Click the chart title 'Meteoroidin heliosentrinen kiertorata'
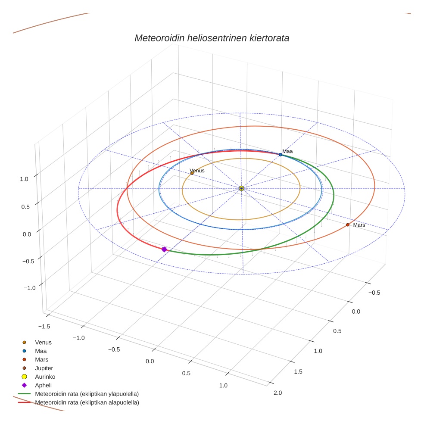[212, 38]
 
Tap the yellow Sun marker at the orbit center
[241, 188]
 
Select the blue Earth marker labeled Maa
[280, 155]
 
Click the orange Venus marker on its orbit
[192, 173]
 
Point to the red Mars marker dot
[348, 224]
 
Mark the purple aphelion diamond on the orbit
[164, 249]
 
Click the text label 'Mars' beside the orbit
[359, 225]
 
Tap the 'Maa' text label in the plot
[287, 151]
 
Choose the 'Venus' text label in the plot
[197, 171]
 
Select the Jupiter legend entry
[44, 368]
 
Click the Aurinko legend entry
[45, 377]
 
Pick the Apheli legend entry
[43, 385]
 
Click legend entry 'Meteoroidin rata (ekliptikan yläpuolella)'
[87, 394]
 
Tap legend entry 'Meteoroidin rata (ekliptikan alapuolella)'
[87, 402]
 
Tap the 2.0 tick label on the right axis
[277, 393]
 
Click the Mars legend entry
[41, 359]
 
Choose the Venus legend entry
[43, 342]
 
